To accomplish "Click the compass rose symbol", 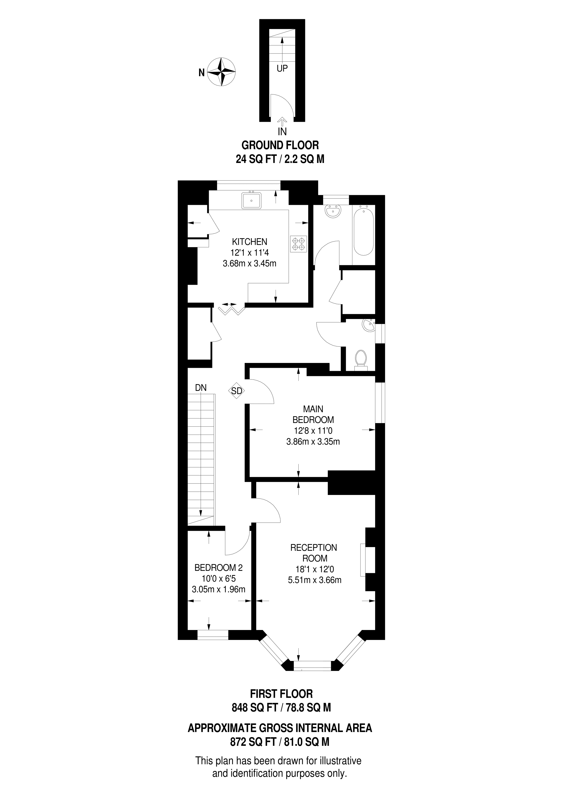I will pos(221,72).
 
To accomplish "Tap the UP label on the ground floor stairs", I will pos(282,69).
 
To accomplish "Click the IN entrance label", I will pos(282,131).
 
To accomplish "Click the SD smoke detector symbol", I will pos(236,391).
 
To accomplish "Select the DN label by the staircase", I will pos(200,388).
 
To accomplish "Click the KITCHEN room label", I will pos(250,242).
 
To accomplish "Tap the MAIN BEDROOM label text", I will pos(313,414).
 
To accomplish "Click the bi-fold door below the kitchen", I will pos(231,309).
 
